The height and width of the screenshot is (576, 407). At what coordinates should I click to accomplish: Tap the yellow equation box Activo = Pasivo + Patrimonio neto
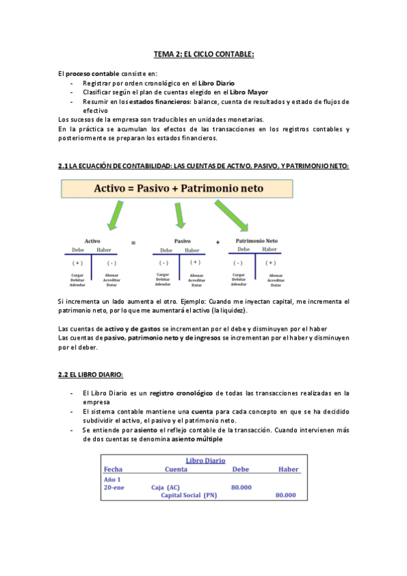[x=177, y=190]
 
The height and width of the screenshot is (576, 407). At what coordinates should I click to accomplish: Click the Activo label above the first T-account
[x=92, y=241]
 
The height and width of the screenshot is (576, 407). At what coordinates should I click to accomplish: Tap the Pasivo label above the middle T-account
[x=181, y=241]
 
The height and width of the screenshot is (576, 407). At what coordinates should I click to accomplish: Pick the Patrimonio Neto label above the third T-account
[x=256, y=241]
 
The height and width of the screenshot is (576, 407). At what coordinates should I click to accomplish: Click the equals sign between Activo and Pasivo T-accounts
[x=133, y=242]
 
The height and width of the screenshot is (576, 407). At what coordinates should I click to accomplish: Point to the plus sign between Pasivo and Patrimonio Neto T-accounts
[x=218, y=242]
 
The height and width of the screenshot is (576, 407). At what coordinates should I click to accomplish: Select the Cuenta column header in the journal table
[x=176, y=469]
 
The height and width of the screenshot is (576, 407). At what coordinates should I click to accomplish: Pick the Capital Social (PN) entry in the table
[x=188, y=495]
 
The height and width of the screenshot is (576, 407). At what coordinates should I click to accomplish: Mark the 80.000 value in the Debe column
[x=241, y=487]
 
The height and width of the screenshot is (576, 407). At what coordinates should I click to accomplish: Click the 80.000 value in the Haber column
[x=285, y=495]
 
